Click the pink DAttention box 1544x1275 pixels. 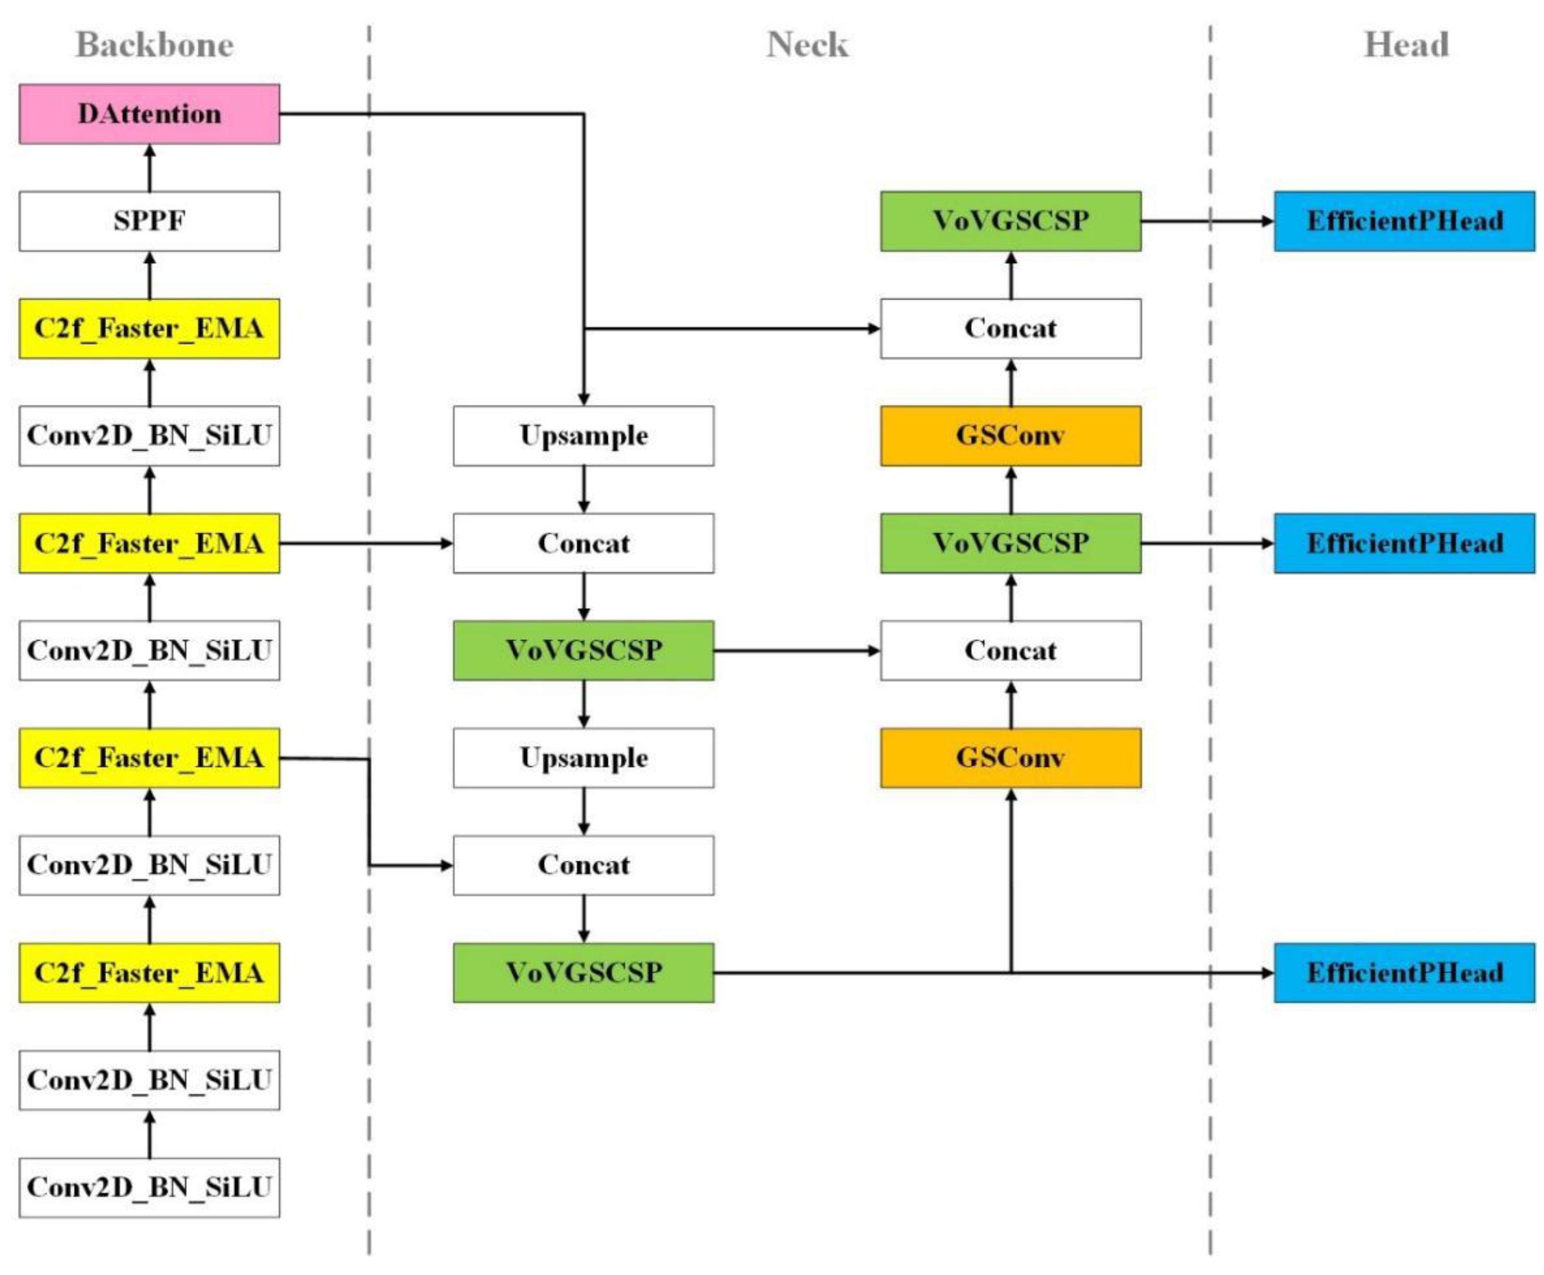tap(149, 114)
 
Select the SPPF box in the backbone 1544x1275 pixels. tap(149, 221)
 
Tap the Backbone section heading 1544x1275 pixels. tap(154, 45)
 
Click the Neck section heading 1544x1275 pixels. tap(807, 45)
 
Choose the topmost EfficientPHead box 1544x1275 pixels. tap(1404, 221)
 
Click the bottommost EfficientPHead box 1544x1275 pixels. tap(1404, 972)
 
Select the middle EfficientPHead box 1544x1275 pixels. tap(1404, 544)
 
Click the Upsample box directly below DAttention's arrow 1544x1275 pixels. tap(583, 436)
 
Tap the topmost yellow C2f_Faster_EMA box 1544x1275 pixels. tap(149, 328)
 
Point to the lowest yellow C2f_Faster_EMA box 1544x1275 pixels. tap(149, 972)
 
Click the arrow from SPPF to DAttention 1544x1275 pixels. tap(150, 168)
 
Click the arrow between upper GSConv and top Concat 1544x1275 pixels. tap(1011, 382)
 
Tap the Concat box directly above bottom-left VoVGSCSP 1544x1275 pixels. tap(583, 865)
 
